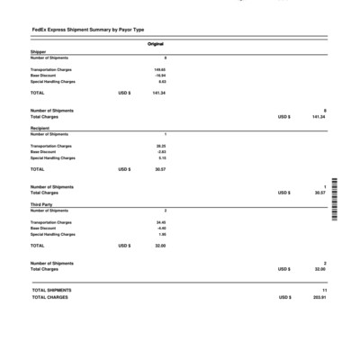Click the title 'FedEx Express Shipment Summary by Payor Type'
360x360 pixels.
pyautogui.click(x=81, y=31)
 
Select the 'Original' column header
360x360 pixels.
pyautogui.click(x=156, y=43)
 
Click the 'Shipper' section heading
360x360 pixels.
pyautogui.click(x=38, y=52)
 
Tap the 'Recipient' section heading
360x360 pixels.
pyautogui.click(x=40, y=129)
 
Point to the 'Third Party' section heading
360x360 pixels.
pyautogui.click(x=41, y=204)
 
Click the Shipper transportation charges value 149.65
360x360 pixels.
pyautogui.click(x=160, y=69)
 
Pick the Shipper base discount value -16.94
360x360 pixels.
pyautogui.click(x=160, y=76)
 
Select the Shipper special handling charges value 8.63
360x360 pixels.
pyautogui.click(x=162, y=82)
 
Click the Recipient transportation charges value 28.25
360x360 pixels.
pyautogui.click(x=161, y=146)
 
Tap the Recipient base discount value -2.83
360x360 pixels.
pyautogui.click(x=161, y=152)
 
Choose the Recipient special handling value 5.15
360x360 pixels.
pyautogui.click(x=162, y=158)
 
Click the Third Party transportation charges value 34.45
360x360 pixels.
pyautogui.click(x=161, y=221)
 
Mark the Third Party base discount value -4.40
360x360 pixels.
pyautogui.click(x=161, y=228)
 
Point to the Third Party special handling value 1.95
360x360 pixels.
pyautogui.click(x=162, y=234)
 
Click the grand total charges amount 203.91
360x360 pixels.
pyautogui.click(x=319, y=297)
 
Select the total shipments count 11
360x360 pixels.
pyautogui.click(x=324, y=290)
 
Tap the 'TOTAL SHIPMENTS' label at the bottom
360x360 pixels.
pyautogui.click(x=51, y=290)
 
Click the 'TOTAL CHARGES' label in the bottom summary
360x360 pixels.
pyautogui.click(x=49, y=297)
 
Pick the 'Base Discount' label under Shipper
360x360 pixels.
pyautogui.click(x=43, y=76)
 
